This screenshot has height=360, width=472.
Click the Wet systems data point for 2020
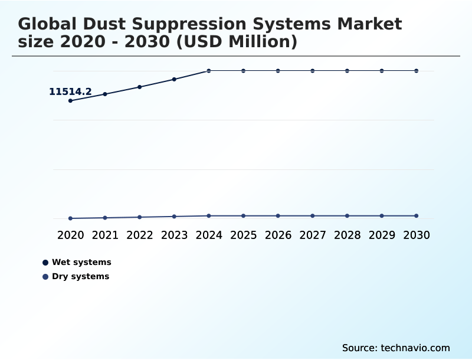click(71, 101)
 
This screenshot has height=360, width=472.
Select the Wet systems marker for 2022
click(140, 87)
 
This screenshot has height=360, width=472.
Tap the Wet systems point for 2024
click(209, 71)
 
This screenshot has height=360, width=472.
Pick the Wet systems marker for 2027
click(313, 71)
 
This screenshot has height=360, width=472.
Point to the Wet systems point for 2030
click(417, 71)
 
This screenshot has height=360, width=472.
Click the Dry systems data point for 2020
click(71, 218)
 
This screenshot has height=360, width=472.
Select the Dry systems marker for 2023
click(174, 217)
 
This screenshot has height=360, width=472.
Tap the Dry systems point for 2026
click(278, 216)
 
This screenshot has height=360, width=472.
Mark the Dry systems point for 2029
click(382, 216)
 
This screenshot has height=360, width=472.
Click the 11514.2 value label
click(70, 91)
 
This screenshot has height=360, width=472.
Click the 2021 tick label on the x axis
click(105, 235)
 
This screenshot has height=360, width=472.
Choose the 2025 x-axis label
click(244, 235)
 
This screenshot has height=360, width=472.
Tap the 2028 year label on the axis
click(348, 235)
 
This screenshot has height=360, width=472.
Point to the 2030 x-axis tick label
click(417, 235)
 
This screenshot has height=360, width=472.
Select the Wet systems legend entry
click(81, 262)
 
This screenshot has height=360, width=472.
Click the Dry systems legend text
click(80, 276)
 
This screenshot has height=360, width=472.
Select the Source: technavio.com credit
click(396, 348)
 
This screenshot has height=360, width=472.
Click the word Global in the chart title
click(48, 24)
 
